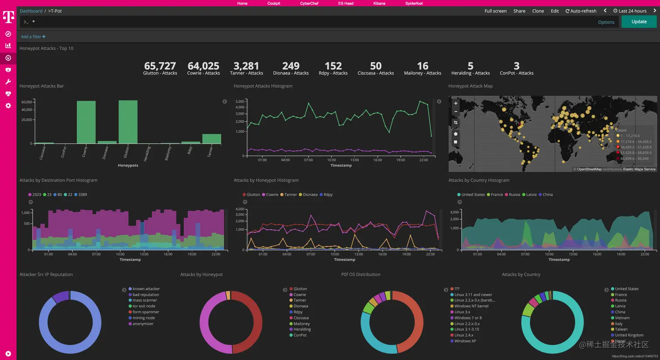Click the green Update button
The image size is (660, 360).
tap(639, 22)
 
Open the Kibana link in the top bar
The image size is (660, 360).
tap(379, 3)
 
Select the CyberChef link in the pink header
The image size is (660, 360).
tap(309, 3)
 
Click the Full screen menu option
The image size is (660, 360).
tap(495, 11)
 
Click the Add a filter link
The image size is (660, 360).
tap(33, 37)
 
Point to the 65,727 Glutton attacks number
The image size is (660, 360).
tap(160, 66)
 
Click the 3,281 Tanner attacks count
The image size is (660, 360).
tap(246, 66)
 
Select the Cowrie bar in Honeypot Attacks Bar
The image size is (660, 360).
tap(86, 122)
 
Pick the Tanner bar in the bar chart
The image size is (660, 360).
tap(211, 139)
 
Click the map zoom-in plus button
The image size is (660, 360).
tap(456, 103)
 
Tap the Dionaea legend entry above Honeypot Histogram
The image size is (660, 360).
tap(310, 195)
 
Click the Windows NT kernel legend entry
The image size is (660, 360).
tap(471, 306)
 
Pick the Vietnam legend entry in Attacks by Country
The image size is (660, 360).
tap(622, 318)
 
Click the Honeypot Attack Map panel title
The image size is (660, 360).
tap(470, 86)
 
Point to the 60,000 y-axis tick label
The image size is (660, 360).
tap(27, 102)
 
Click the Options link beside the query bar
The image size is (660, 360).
tap(606, 22)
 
